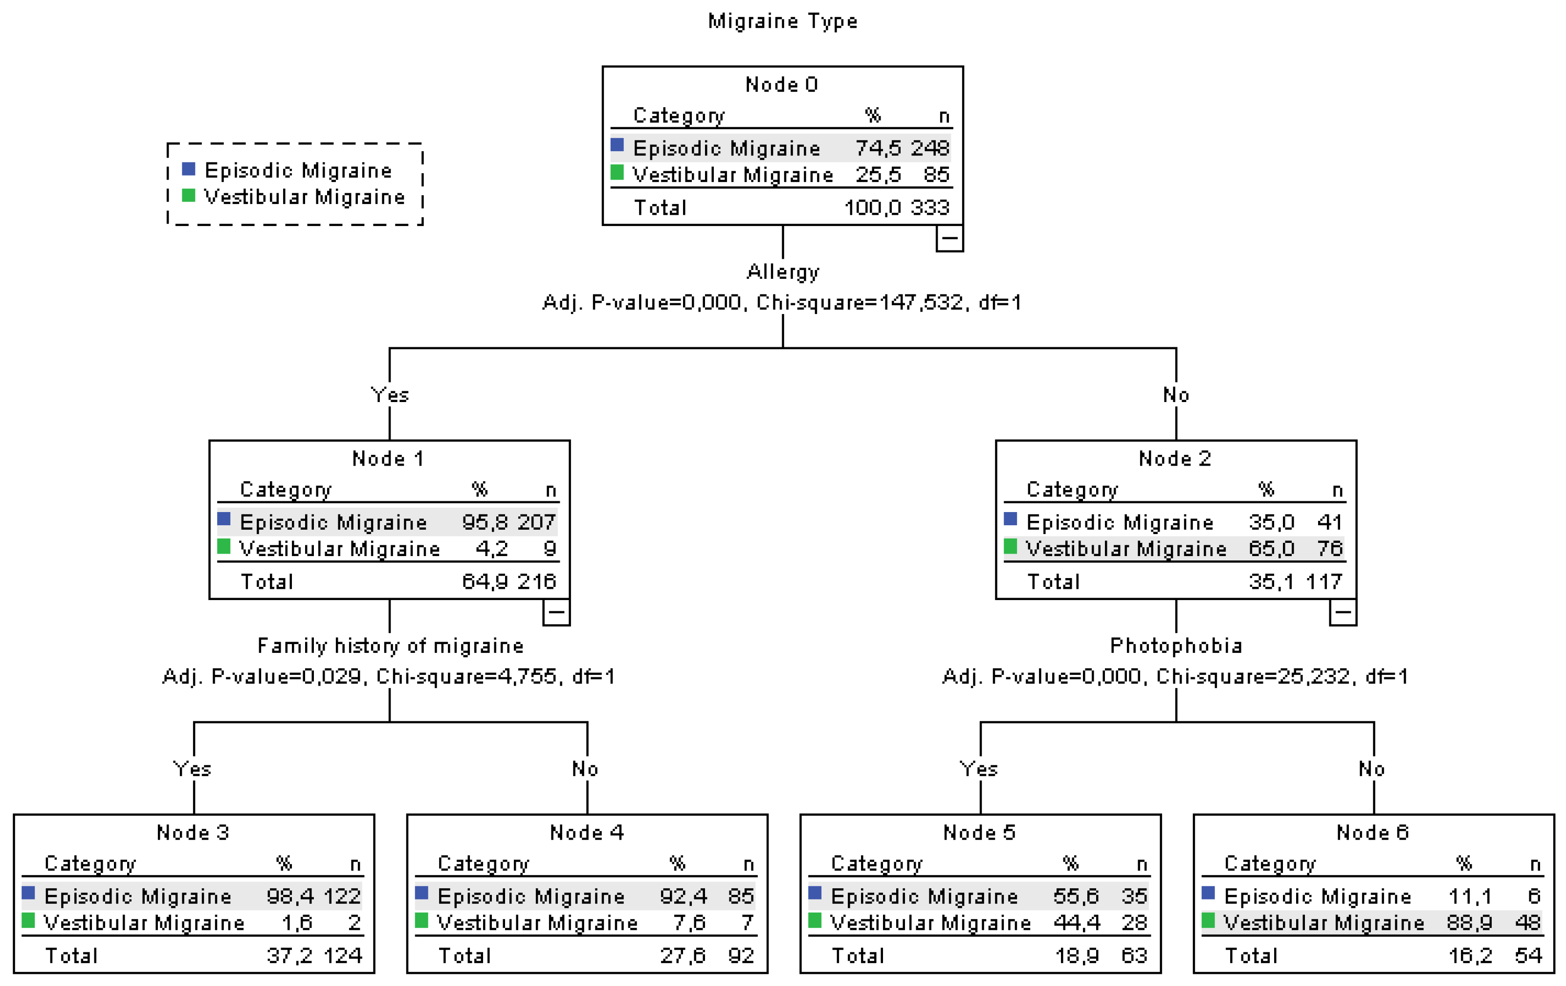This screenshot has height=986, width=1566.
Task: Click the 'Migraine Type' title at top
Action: [782, 22]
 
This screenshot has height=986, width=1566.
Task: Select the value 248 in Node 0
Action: [929, 148]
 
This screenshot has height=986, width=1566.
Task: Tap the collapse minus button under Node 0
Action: [949, 238]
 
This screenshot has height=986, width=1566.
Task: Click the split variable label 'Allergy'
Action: [782, 271]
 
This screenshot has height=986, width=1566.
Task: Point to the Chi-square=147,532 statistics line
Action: [782, 302]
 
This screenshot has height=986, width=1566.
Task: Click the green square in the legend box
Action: [189, 196]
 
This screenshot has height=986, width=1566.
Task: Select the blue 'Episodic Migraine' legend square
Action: [189, 169]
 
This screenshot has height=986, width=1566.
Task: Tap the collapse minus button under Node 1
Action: [556, 612]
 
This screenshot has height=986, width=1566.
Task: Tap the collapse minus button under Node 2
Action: [1342, 612]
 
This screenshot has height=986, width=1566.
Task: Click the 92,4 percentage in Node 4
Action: [683, 896]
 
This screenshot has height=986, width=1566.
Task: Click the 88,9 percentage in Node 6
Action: [1469, 922]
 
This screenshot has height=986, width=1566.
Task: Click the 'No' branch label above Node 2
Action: [1176, 395]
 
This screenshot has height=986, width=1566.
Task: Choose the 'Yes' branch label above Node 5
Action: [979, 769]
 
